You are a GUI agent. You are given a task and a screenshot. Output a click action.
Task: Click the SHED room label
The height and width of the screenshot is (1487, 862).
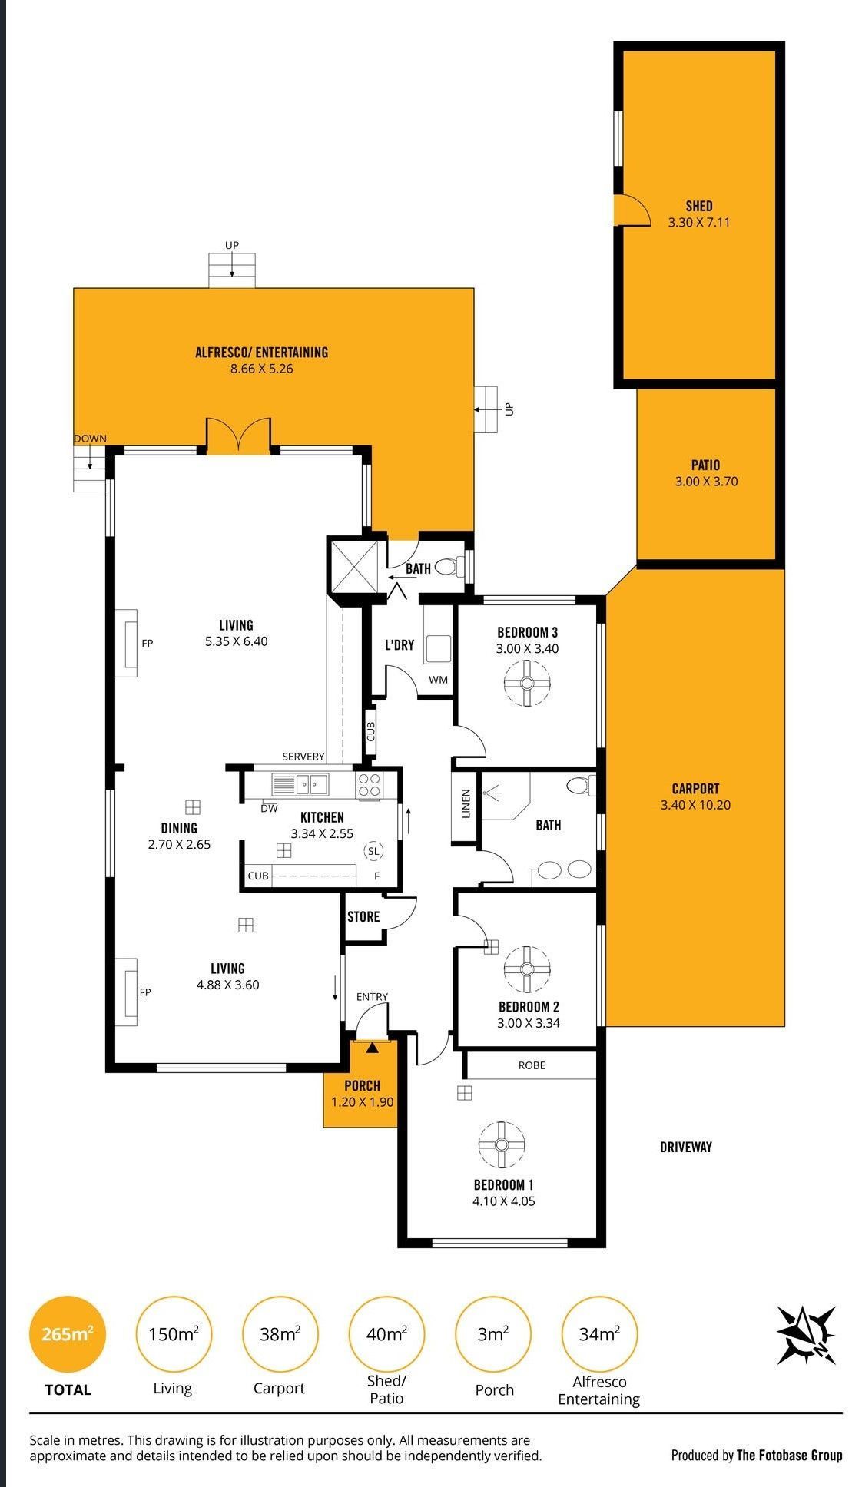[x=699, y=206]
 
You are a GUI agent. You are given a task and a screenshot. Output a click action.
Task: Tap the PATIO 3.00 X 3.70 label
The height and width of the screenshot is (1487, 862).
[x=705, y=473]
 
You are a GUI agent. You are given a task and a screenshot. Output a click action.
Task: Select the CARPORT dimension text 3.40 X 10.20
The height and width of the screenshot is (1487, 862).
[x=695, y=805]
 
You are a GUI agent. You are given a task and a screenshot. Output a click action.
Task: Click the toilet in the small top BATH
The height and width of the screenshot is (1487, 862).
[x=449, y=568]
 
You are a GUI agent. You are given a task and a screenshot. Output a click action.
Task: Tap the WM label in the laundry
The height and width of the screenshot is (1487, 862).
[x=438, y=680]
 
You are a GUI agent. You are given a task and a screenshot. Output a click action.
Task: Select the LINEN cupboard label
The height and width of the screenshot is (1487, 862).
[x=466, y=803]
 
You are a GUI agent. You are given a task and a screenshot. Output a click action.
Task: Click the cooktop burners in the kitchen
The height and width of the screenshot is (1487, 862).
[x=369, y=784]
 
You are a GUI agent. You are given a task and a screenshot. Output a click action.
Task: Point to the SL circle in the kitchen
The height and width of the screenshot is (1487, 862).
[x=373, y=851]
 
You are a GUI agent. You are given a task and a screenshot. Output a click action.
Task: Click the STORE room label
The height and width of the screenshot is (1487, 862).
[x=363, y=916]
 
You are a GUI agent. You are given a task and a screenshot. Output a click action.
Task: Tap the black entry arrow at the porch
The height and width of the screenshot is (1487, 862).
[x=373, y=1046]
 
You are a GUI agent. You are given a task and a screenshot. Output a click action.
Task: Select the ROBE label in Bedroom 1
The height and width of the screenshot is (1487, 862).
[x=532, y=1065]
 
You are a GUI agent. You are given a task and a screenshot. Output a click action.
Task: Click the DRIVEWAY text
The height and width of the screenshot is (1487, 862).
[x=686, y=1147]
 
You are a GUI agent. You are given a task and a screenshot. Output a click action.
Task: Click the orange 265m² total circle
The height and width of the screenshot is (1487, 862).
[x=67, y=1334]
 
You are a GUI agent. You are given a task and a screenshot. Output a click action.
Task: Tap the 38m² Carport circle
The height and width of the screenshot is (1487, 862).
[x=280, y=1334]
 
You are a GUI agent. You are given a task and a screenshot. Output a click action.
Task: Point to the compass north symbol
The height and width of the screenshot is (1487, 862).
[x=806, y=1335]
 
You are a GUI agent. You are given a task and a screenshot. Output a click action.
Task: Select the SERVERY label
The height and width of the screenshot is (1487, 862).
[x=303, y=757]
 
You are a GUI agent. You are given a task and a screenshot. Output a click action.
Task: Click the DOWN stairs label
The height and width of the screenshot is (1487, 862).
[x=90, y=439]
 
